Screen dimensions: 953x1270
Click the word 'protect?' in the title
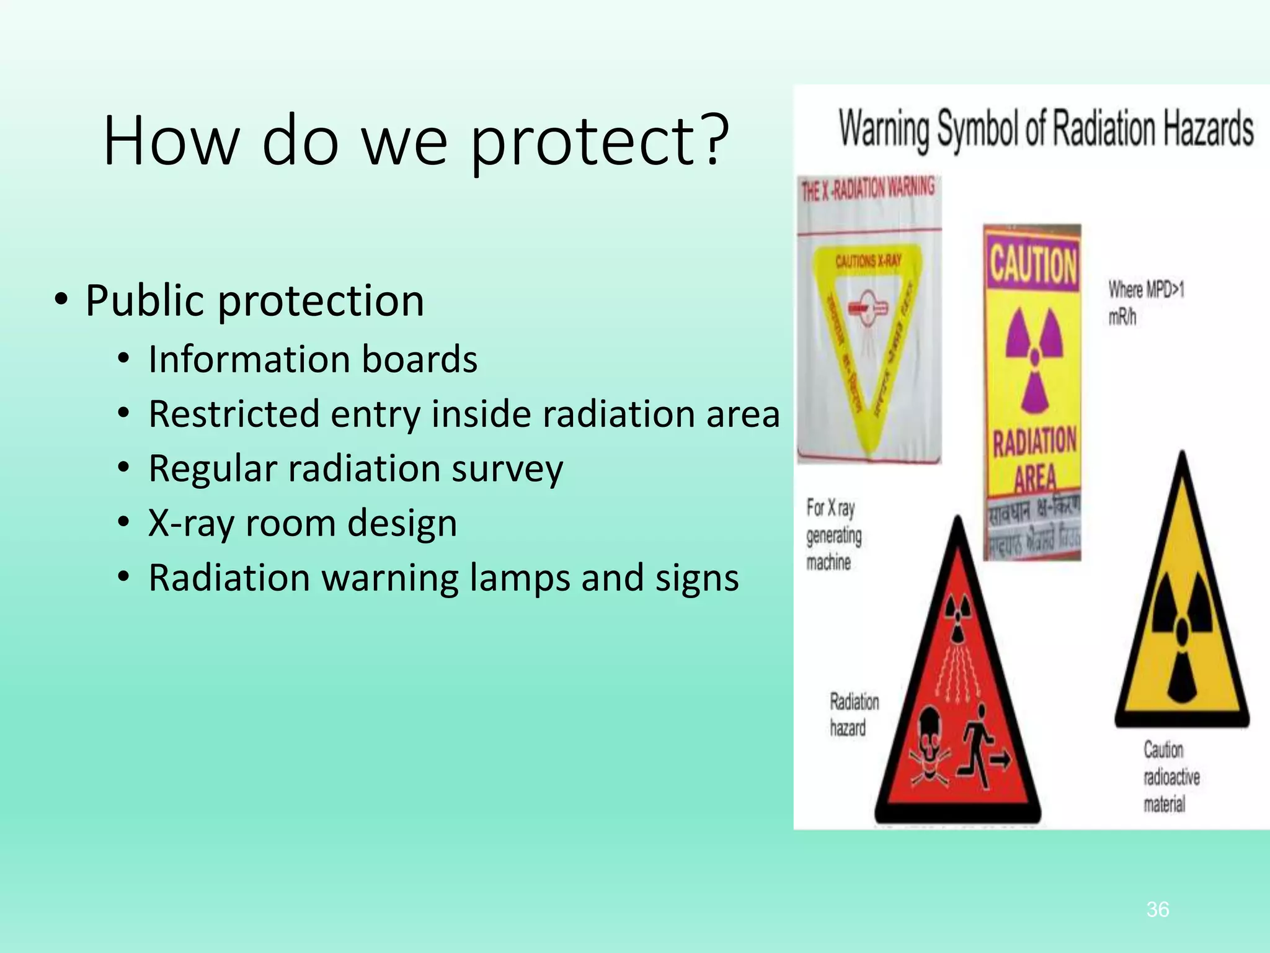point(599,141)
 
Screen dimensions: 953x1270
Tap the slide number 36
point(1157,910)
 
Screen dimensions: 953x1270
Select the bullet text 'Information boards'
point(313,359)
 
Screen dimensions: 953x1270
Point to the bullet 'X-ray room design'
point(303,523)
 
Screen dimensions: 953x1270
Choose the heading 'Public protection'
point(254,301)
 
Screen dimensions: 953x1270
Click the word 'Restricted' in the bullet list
point(234,414)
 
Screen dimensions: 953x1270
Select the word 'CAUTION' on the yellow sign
point(1032,264)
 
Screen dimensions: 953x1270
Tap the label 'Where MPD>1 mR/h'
point(1145,303)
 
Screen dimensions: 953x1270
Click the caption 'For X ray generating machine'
point(833,535)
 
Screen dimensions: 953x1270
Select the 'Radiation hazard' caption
point(853,715)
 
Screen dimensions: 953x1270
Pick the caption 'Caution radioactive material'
point(1170,777)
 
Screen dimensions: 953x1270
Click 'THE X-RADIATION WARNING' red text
point(868,189)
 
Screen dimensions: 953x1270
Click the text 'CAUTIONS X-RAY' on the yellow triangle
point(868,261)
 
